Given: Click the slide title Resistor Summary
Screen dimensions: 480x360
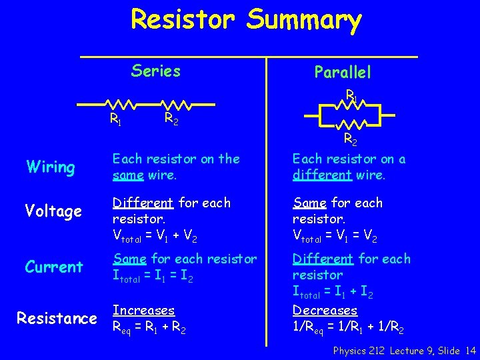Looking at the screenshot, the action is coord(246,20).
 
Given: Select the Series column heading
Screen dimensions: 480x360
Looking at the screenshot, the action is coord(156,71).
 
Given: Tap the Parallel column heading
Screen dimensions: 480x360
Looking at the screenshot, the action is coord(343,72).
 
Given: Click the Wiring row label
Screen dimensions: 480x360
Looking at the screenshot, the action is coord(50,167).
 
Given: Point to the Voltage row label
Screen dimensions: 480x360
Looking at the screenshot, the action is coord(53,211).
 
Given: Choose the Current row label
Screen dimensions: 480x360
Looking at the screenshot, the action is coord(54,267).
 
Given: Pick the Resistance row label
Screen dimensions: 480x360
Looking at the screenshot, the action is coord(57,319).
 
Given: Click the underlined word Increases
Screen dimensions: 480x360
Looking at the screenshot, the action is coord(143,311).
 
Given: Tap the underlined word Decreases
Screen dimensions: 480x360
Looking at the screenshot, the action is coord(325,311).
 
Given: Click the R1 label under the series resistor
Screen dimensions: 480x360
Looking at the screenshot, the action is coord(115,121).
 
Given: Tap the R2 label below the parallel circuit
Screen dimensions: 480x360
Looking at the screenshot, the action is coord(350,139).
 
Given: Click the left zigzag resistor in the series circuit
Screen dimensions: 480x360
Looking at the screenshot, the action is coord(122,105).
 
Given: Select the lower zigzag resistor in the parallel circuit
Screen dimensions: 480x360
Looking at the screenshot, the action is coord(350,124).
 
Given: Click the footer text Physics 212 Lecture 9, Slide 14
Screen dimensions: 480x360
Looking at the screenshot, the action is coord(405,351).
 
